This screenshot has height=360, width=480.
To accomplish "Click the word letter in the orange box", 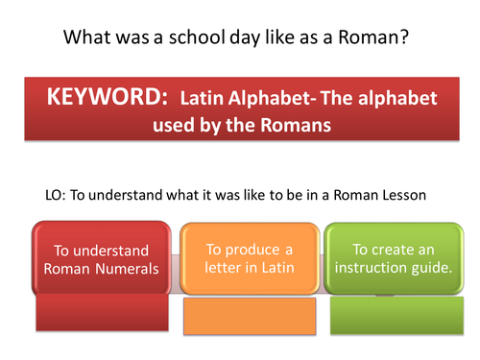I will [x=228, y=268].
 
